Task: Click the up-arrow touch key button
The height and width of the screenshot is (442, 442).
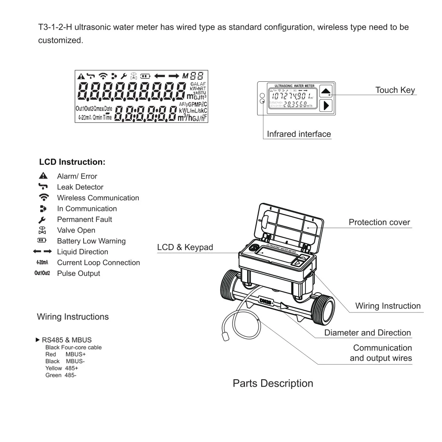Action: click(326, 91)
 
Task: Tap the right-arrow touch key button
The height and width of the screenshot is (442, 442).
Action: click(326, 106)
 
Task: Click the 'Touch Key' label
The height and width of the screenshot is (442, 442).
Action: click(395, 90)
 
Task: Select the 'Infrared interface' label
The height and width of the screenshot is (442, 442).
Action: click(299, 134)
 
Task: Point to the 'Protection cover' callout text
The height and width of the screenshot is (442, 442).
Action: click(379, 222)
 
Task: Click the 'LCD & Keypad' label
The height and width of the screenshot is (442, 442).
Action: click(185, 248)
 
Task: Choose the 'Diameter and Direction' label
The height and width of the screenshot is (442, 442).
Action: click(368, 333)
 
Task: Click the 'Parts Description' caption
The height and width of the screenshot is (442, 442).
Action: click(273, 383)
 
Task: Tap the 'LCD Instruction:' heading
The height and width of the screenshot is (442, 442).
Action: click(72, 162)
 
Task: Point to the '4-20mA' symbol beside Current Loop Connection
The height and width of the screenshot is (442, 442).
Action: click(42, 263)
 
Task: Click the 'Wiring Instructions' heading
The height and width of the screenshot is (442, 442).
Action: click(72, 316)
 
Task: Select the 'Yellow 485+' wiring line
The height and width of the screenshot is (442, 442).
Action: click(61, 368)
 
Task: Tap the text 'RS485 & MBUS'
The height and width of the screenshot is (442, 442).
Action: click(67, 340)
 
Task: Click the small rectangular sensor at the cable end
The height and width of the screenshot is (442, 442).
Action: click(225, 337)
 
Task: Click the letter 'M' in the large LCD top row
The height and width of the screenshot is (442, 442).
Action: click(185, 76)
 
